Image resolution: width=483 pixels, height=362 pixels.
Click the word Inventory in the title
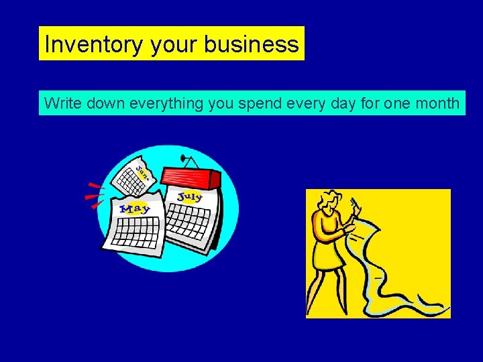(x=94, y=44)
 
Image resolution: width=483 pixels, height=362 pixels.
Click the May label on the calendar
(x=135, y=208)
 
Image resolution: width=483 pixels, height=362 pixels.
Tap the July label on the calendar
(x=190, y=196)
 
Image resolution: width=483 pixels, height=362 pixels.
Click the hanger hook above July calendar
(x=188, y=160)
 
